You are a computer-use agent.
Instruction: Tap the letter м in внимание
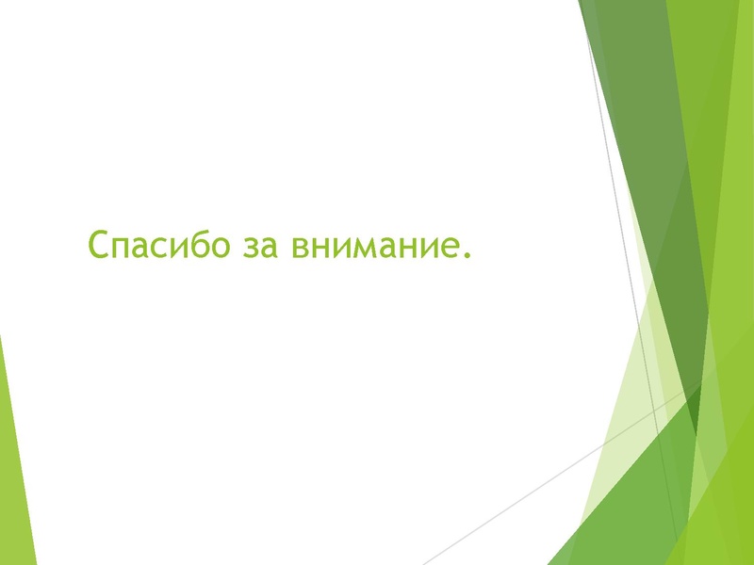click(x=359, y=250)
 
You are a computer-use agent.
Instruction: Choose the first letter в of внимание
click(x=300, y=250)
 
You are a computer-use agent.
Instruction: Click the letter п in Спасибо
click(x=120, y=250)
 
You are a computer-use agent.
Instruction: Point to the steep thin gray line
click(x=631, y=235)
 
